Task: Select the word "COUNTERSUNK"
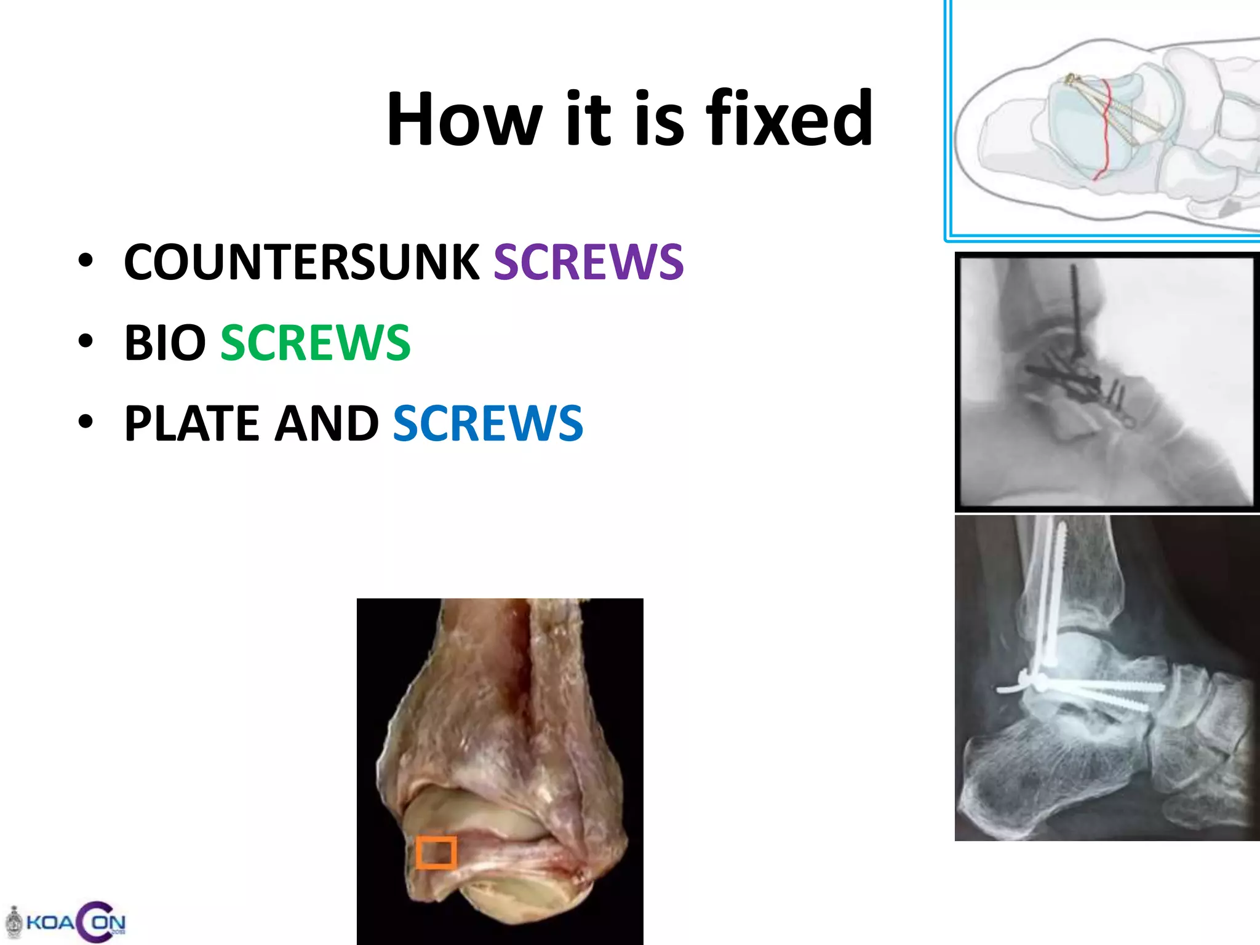tap(301, 262)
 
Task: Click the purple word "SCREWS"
tap(588, 262)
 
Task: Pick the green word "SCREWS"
tap(315, 343)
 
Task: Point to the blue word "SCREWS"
tap(488, 423)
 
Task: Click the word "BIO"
tap(165, 343)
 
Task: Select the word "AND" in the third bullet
tap(326, 423)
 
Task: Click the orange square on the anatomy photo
tap(436, 853)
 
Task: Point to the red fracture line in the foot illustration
tap(1106, 129)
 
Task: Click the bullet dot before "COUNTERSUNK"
tap(86, 261)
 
